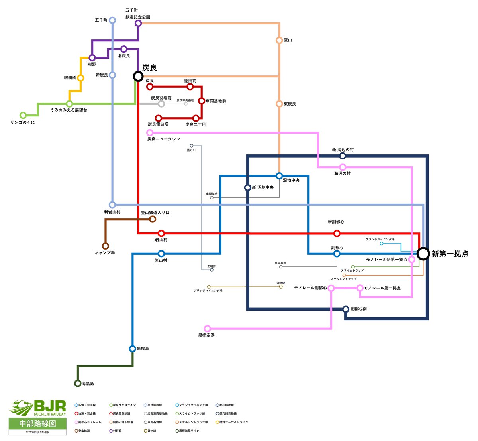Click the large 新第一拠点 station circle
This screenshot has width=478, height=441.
[423, 254]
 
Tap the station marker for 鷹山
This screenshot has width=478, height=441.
[279, 40]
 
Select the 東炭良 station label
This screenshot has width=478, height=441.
[290, 104]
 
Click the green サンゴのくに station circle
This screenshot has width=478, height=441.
[23, 116]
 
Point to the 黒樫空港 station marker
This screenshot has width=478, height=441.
[207, 329]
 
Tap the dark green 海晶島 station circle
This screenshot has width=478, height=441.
[78, 384]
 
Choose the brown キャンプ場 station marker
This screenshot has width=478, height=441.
[106, 246]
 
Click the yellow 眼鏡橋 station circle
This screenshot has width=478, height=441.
[80, 78]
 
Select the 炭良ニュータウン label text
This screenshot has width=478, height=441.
[163, 139]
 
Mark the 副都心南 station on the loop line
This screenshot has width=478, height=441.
[346, 309]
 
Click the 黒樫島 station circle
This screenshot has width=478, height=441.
[133, 348]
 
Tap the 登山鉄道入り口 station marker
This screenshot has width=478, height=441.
[153, 219]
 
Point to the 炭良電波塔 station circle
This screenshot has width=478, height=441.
[159, 118]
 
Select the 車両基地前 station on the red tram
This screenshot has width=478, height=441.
[202, 101]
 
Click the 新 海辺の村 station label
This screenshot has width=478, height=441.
[343, 150]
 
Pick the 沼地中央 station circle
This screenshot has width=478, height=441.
[279, 176]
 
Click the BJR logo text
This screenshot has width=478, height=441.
[50, 406]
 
